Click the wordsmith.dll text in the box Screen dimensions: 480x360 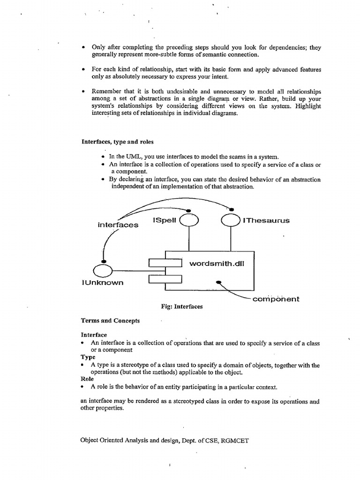pos(217,263)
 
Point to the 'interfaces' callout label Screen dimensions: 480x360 pos(118,225)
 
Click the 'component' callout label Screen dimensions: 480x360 pos(276,299)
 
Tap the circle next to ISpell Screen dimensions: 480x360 pos(189,220)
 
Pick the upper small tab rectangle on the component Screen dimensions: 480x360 pos(165,263)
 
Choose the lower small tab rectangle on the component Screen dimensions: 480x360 pos(165,280)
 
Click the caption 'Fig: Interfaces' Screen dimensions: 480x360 pos(182,307)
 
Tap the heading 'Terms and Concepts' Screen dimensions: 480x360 pos(110,321)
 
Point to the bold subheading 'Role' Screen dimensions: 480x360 pos(88,379)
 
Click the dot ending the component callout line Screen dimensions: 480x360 pos(218,282)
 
